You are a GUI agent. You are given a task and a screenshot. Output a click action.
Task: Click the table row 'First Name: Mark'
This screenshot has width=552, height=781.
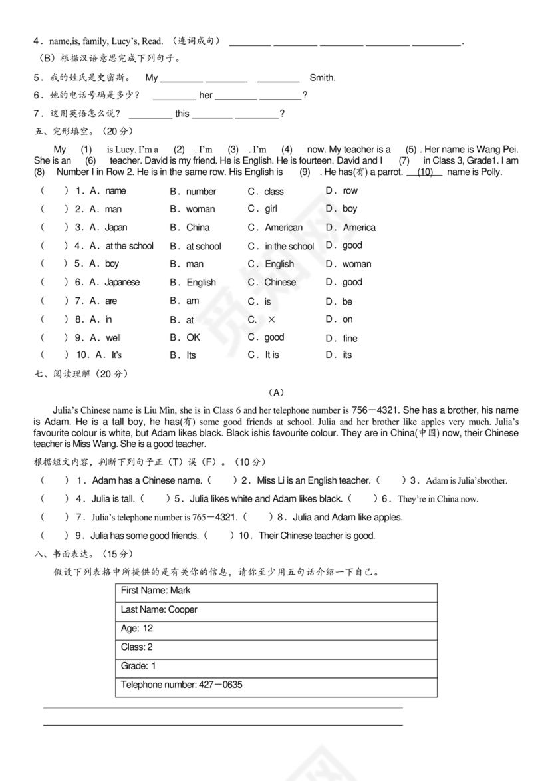[x=276, y=591]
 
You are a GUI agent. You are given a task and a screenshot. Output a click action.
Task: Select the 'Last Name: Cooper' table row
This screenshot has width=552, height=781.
[x=276, y=610]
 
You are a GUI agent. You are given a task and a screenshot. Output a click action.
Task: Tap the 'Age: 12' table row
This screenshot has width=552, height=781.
[x=276, y=629]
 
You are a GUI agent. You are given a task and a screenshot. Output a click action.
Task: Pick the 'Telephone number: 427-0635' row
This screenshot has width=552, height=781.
[x=276, y=685]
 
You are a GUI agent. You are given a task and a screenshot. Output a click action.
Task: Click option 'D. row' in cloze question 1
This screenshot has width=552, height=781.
[x=342, y=191]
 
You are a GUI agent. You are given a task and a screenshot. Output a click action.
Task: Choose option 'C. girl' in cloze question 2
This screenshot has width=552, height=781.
[x=263, y=209]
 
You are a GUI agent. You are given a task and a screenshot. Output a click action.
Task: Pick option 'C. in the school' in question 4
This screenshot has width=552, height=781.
[x=281, y=246]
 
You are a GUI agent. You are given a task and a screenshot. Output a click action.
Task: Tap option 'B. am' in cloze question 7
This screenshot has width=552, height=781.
[x=184, y=301]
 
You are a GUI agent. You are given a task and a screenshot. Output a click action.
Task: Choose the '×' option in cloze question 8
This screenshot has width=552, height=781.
[x=271, y=320]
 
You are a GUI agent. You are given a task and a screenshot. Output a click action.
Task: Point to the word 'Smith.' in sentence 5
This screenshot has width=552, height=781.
[x=323, y=78]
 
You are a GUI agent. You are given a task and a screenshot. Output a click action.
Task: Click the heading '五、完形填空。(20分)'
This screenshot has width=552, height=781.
[x=84, y=130]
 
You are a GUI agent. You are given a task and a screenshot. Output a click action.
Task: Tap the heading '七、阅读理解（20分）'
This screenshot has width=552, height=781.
[x=80, y=374]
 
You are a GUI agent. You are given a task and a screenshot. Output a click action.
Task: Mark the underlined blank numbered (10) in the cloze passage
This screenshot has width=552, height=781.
[x=424, y=172]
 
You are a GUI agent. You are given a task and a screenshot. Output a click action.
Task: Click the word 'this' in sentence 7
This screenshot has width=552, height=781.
[x=182, y=114]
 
